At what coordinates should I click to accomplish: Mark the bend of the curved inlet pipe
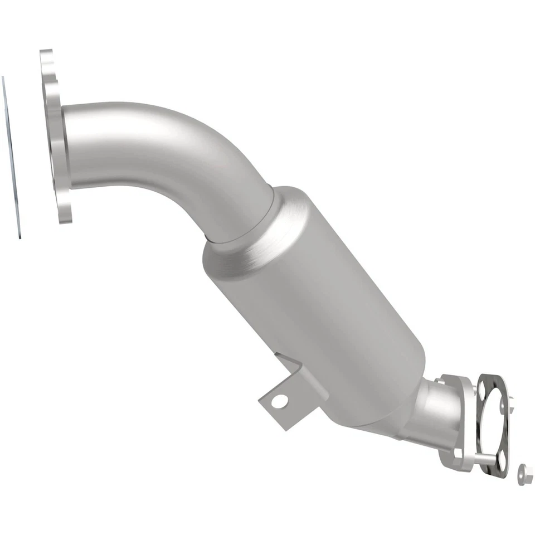pos(184,139)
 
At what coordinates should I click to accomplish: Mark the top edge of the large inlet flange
pos(46,53)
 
